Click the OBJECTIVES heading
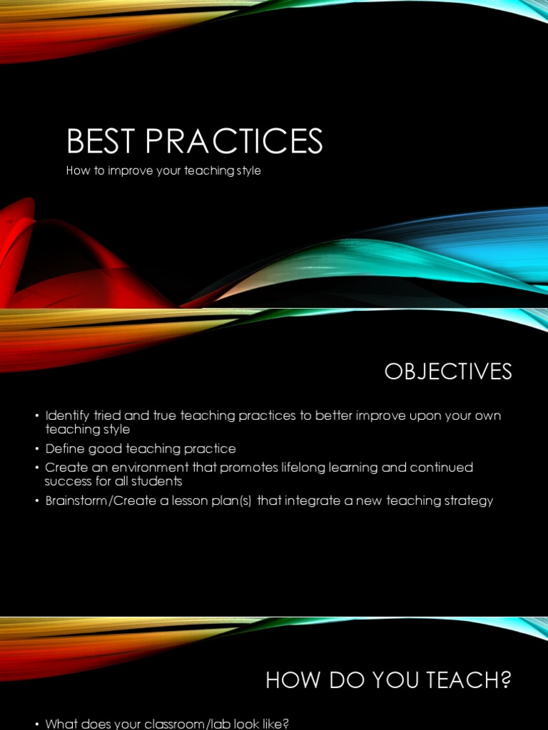[448, 371]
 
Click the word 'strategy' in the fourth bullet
[468, 500]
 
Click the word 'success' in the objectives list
[68, 481]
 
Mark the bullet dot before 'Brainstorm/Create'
[36, 501]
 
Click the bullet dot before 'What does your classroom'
[36, 724]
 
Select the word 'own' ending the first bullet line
[488, 416]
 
